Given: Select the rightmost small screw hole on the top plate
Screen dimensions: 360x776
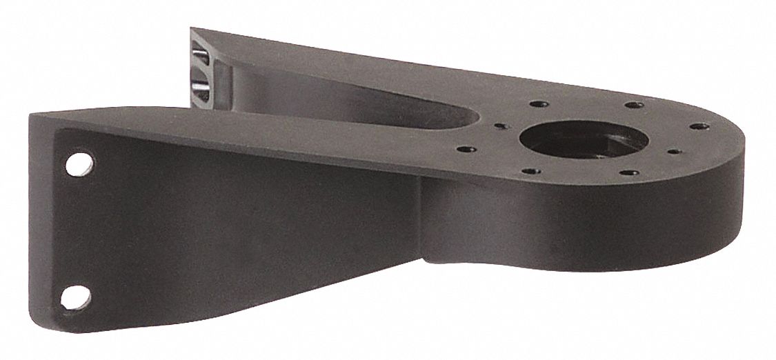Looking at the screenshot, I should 698,128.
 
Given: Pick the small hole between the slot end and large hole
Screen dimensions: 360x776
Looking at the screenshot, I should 499,126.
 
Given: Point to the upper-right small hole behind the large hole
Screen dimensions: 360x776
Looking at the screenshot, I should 630,106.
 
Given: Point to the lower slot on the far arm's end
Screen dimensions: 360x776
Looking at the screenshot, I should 198,85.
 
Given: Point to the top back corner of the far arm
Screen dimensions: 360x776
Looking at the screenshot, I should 192,29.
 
